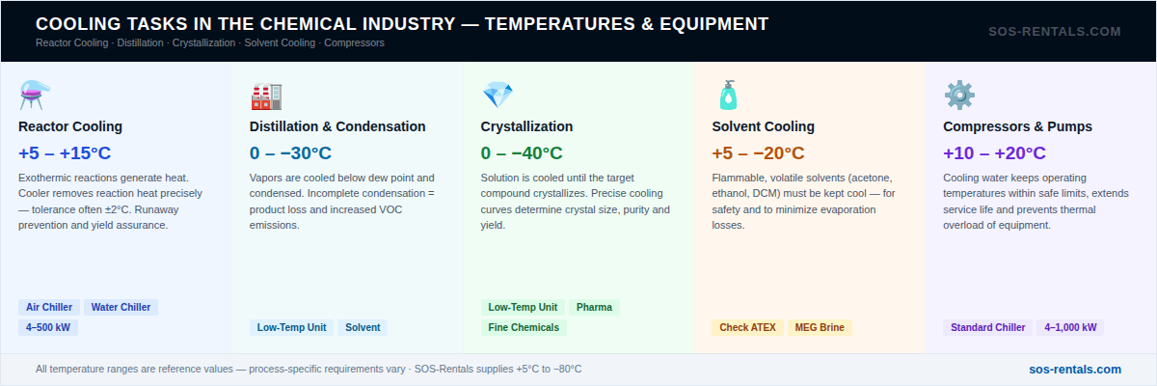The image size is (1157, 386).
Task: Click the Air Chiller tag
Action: tap(49, 308)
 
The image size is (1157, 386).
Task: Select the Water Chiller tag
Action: tap(121, 308)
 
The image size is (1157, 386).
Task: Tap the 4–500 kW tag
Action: tap(48, 327)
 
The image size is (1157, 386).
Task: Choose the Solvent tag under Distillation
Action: tap(363, 327)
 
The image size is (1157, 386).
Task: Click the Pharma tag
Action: tap(594, 308)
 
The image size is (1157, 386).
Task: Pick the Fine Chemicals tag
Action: tap(524, 327)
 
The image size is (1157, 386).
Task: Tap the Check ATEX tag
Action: tap(747, 327)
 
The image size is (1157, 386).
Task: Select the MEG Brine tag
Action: tap(820, 327)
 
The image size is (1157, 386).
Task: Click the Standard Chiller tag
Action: tap(987, 327)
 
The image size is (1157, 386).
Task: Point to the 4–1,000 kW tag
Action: tap(1070, 327)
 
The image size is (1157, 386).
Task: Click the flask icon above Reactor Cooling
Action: tap(34, 96)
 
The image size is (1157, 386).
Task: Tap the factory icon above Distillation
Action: tap(266, 96)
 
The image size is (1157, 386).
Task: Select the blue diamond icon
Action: tap(498, 95)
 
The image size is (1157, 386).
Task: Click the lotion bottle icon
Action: tap(728, 96)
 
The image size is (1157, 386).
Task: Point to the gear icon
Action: tap(959, 96)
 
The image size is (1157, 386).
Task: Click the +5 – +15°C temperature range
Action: tap(65, 153)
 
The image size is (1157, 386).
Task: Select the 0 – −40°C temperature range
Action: tap(522, 153)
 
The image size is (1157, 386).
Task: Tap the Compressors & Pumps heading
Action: tap(1017, 126)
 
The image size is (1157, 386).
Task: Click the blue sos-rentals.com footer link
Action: tap(1075, 370)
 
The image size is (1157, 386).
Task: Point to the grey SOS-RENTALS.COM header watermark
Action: tap(1055, 32)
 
